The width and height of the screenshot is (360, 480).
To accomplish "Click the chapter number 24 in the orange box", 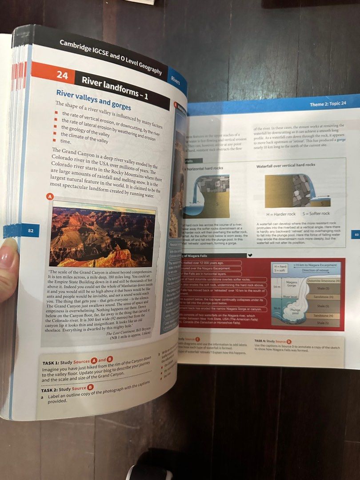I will click(x=62, y=76).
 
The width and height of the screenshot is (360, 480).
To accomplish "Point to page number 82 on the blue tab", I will click(x=31, y=231).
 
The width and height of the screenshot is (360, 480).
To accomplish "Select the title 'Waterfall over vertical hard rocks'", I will click(x=285, y=165).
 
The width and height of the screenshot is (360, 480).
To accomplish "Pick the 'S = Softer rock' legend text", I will click(x=315, y=214).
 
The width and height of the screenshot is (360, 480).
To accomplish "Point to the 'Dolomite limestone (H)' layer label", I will click(x=324, y=280).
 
